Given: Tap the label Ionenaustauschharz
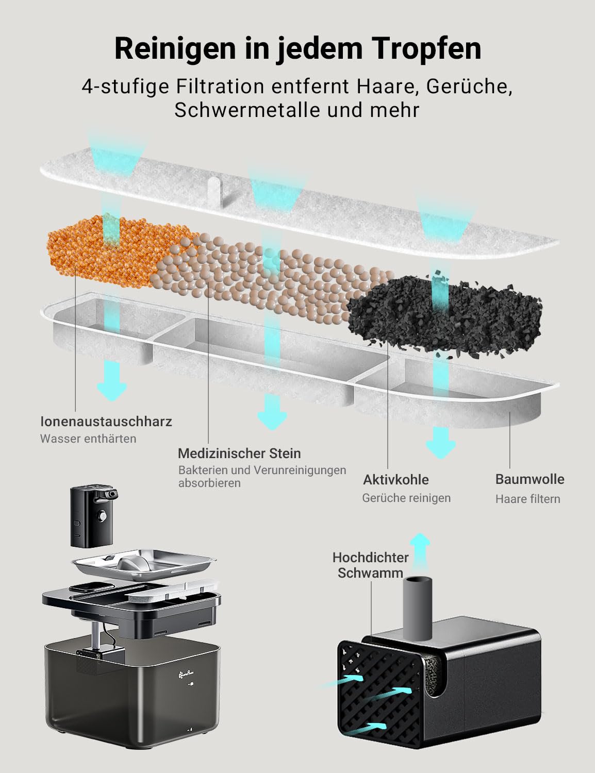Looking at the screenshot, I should click(106, 422).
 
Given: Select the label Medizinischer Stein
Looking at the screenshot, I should click(239, 453).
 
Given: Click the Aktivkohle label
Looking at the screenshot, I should click(395, 479).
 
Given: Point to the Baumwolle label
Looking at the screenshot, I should click(530, 479).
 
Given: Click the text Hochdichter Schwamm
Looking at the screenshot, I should click(370, 565).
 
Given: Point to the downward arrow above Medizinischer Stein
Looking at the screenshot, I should click(272, 412).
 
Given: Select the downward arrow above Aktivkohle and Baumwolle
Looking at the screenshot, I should click(441, 442).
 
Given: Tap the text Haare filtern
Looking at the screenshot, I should click(527, 499).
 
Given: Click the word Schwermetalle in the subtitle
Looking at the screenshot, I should click(252, 109).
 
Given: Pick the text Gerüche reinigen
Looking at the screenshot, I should click(406, 498).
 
